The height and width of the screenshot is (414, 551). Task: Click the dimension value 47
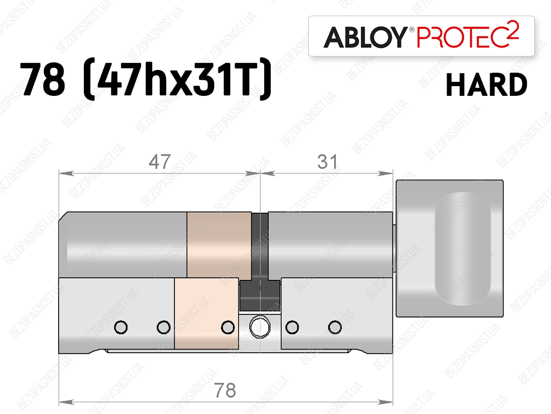coord(160,162)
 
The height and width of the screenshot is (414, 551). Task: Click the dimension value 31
coord(328,162)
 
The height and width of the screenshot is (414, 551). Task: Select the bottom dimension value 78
coord(225,390)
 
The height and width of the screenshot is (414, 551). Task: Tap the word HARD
coord(486,85)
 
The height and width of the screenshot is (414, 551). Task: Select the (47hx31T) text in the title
coord(178,78)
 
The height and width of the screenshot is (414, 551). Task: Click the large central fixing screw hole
coord(260,327)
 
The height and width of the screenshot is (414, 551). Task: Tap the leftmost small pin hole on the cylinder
coord(121,327)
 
